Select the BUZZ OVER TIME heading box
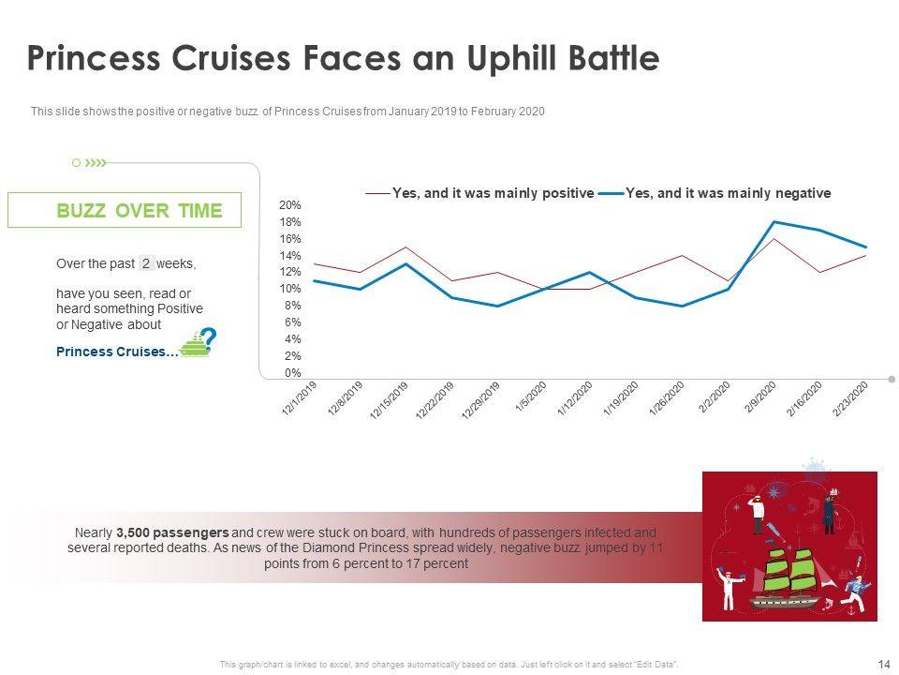click(125, 210)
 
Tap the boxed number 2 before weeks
click(146, 263)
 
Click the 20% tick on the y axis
click(289, 205)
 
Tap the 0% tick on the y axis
click(292, 373)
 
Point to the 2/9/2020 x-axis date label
click(760, 398)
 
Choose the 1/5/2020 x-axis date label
click(530, 398)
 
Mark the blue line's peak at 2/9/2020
click(774, 221)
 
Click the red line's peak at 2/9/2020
click(774, 239)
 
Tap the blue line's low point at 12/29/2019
click(498, 306)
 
